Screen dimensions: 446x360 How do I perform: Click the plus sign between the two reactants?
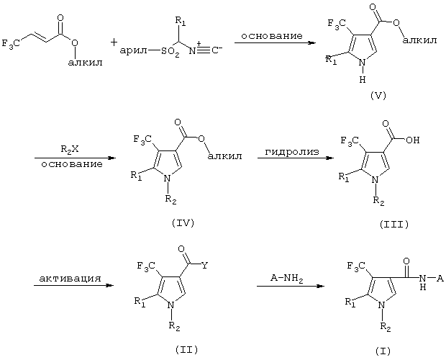(x=114, y=43)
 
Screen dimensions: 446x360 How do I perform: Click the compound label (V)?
(x=378, y=96)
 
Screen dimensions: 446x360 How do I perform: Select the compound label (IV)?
(x=183, y=223)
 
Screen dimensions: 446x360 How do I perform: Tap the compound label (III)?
(x=394, y=225)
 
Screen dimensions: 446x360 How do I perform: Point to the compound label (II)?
(x=186, y=349)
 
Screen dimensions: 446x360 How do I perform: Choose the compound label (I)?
(x=383, y=351)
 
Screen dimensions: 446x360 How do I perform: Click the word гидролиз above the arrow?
(x=292, y=152)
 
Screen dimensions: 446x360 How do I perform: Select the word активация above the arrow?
(x=70, y=278)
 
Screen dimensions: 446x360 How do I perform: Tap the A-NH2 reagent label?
(x=287, y=279)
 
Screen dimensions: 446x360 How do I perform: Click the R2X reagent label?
(x=70, y=149)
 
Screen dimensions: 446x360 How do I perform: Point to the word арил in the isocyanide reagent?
(x=134, y=51)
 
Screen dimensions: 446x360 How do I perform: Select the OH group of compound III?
(x=413, y=140)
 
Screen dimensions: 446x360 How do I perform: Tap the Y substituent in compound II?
(x=204, y=266)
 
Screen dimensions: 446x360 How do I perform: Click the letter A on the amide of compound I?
(x=440, y=279)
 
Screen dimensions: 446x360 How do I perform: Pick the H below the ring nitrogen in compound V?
(x=362, y=80)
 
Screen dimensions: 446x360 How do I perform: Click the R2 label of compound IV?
(x=171, y=199)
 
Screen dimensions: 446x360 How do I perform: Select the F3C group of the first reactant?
(x=11, y=44)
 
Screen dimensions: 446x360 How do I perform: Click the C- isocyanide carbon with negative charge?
(x=217, y=50)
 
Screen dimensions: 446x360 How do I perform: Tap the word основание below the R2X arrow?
(x=72, y=164)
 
